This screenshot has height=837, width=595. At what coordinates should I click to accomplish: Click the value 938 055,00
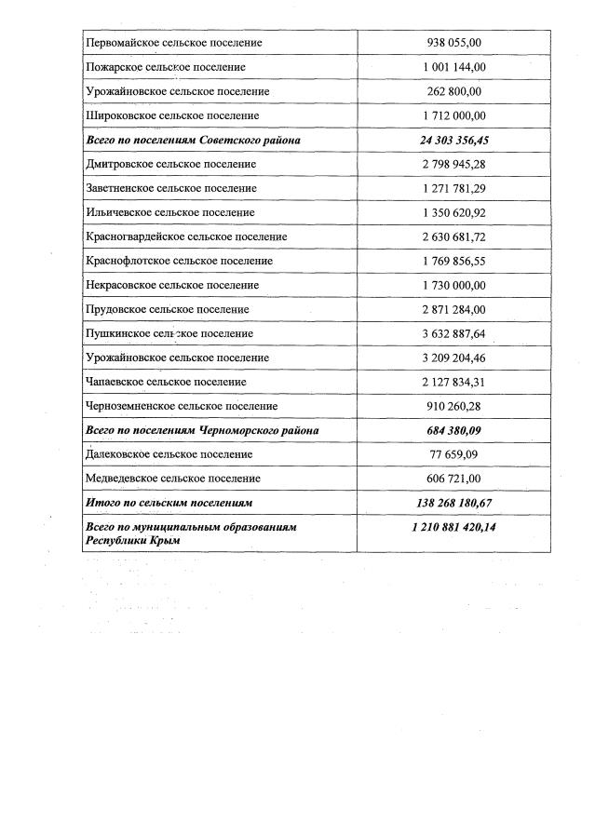coord(454,43)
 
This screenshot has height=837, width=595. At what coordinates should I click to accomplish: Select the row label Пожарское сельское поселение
coord(166,67)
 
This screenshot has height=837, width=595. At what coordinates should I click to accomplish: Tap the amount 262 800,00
coord(454,91)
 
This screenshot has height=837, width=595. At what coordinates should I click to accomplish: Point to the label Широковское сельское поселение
coord(171,115)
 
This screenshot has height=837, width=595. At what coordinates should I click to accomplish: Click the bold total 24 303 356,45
coord(454,140)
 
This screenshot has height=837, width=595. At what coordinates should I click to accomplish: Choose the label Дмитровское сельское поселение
coord(170,164)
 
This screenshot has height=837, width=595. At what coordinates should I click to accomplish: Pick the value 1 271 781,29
coord(454,188)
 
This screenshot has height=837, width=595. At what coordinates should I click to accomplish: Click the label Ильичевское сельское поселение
coord(169,212)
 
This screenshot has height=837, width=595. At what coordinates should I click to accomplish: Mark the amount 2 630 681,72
coord(454,236)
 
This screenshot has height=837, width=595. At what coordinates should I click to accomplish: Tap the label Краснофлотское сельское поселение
coord(179,261)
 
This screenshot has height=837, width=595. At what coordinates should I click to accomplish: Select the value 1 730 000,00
coord(454,285)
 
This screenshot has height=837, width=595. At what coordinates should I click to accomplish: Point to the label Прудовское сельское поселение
coord(168,309)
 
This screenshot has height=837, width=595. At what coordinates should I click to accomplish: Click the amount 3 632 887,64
coord(454,333)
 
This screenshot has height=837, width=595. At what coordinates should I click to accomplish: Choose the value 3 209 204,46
coord(454,358)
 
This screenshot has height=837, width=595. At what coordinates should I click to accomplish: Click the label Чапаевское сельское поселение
coord(166,382)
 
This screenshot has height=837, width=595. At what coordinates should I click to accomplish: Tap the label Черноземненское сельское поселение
coord(182,406)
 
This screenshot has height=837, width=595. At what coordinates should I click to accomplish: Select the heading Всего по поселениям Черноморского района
coord(202,430)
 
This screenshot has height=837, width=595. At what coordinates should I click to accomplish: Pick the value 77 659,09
coord(454,454)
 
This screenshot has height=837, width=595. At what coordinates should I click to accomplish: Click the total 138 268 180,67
coord(454,503)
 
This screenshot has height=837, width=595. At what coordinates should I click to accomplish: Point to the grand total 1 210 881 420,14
coord(454,527)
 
